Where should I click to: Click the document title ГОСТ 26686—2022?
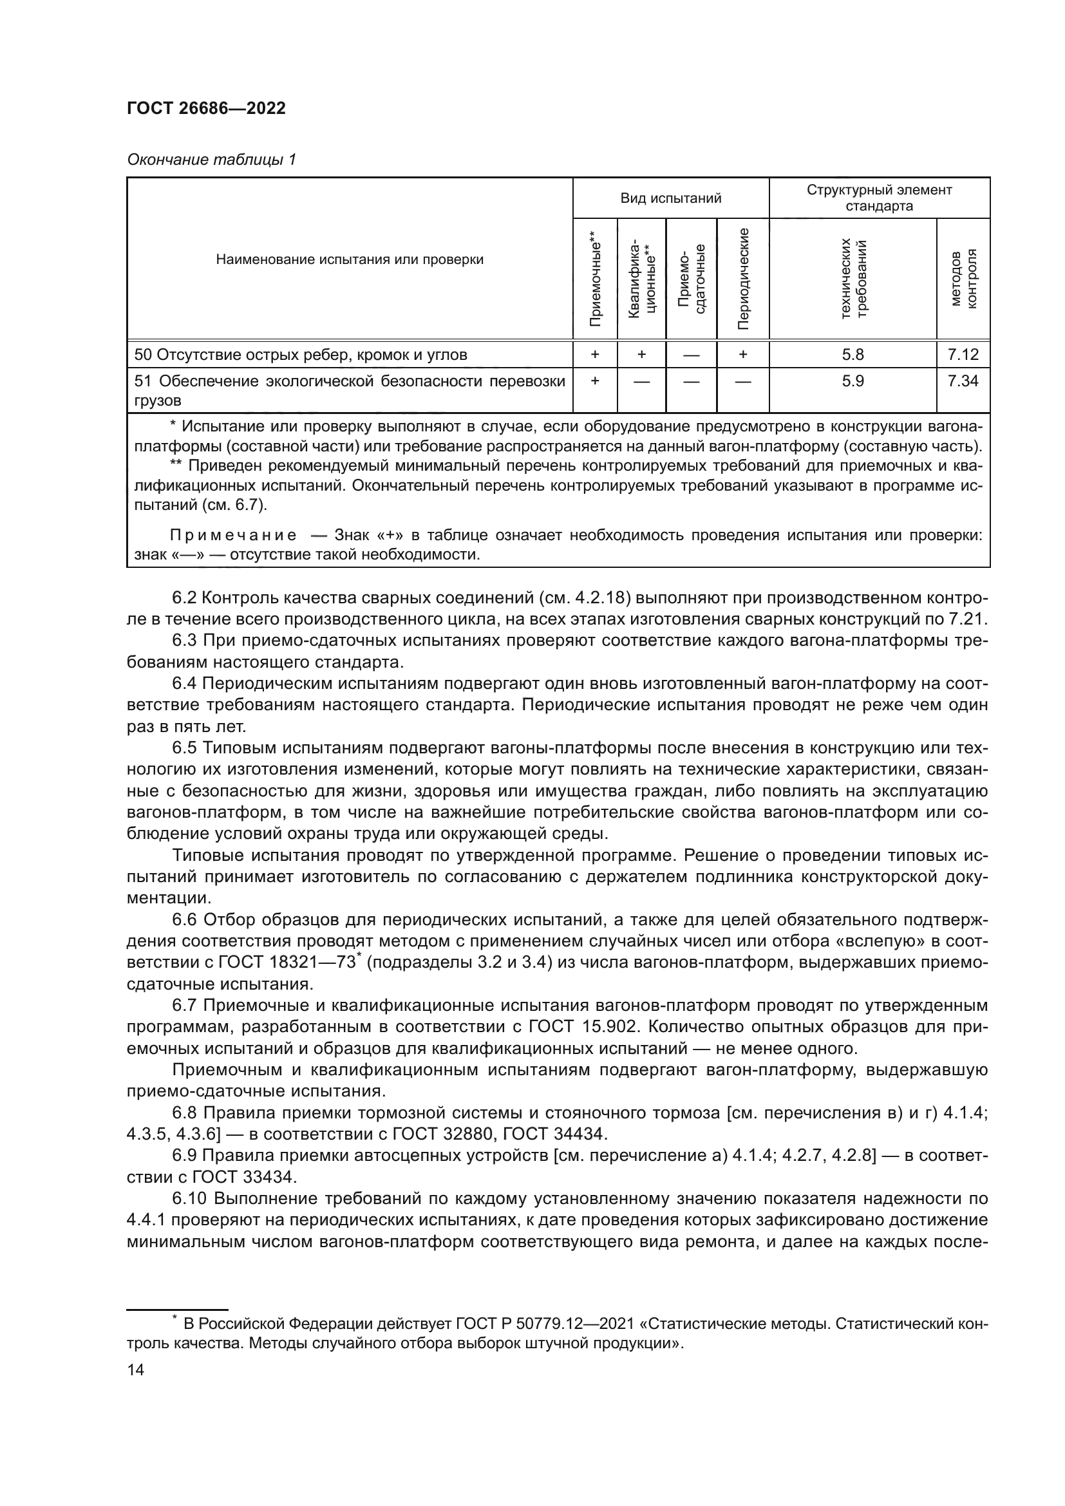(206, 109)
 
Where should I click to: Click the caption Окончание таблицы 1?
(211, 160)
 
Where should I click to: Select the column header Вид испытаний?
(670, 198)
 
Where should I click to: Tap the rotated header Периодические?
(743, 278)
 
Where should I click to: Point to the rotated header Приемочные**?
(595, 278)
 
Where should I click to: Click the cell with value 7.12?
(963, 355)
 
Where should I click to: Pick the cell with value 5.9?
(853, 381)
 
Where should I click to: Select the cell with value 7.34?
(963, 381)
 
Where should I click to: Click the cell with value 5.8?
(853, 355)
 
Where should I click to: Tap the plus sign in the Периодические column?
(743, 355)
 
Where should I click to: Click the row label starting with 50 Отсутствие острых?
(300, 355)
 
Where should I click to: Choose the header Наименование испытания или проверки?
(350, 259)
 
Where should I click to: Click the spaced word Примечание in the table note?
(233, 535)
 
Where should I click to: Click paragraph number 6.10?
(189, 1198)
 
